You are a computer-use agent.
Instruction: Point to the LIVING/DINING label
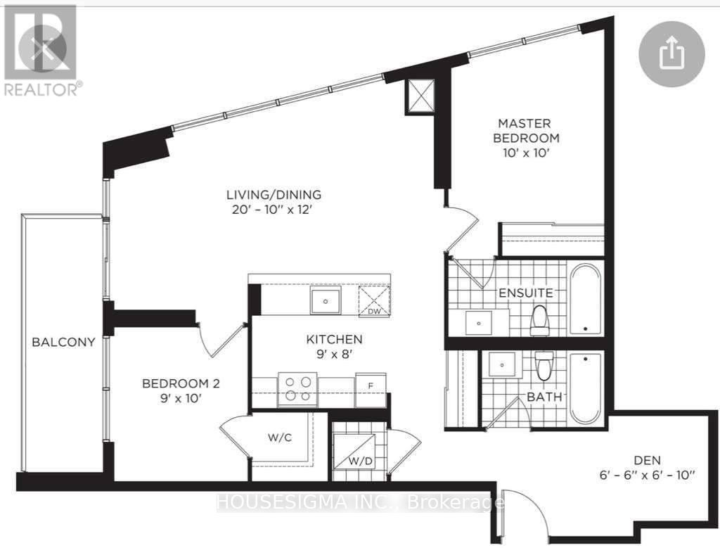[274, 194]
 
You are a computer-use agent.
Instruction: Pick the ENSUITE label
[526, 293]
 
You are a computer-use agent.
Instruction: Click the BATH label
[545, 397]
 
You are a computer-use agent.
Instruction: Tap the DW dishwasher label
[374, 310]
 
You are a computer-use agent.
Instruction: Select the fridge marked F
[370, 389]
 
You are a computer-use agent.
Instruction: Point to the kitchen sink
[326, 301]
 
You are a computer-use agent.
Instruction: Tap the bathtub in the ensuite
[585, 298]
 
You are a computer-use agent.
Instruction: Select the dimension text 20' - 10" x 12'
[274, 209]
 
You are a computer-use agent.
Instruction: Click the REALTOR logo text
[41, 89]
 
